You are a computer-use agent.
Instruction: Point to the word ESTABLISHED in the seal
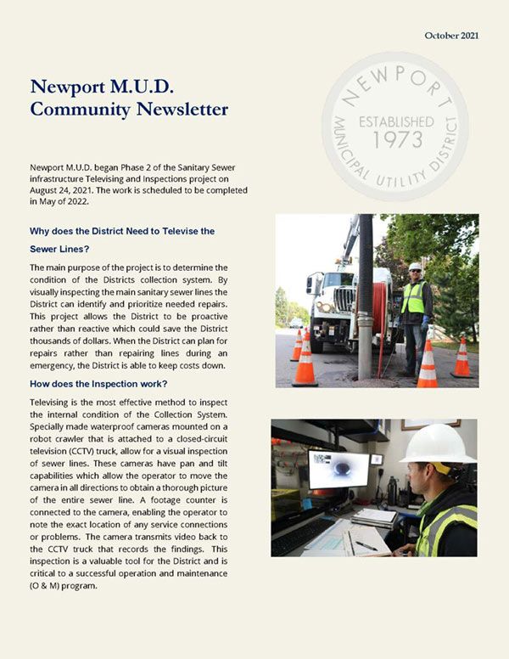pyautogui.click(x=395, y=121)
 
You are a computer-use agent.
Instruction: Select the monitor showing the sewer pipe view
pyautogui.click(x=339, y=470)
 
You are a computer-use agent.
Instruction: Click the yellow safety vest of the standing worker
pyautogui.click(x=413, y=298)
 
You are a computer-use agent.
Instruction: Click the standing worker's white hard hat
pyautogui.click(x=415, y=267)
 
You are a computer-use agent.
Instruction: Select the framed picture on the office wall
pyautogui.click(x=430, y=423)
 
